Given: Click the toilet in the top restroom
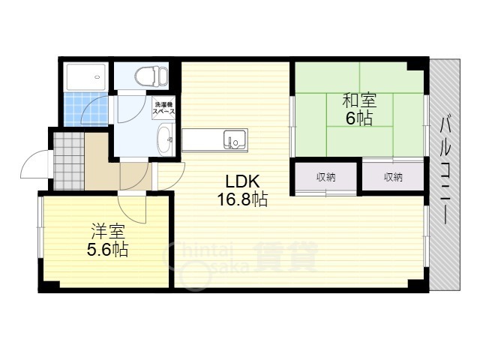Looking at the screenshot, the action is tap(151, 76).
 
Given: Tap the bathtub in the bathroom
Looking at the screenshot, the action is tap(86, 76).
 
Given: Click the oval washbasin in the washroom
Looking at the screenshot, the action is tap(166, 139).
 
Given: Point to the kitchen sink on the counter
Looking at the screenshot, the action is tap(235, 139).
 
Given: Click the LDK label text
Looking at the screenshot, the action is tap(242, 181).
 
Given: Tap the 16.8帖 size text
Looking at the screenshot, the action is tap(242, 199).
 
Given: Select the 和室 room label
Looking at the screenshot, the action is tap(359, 101).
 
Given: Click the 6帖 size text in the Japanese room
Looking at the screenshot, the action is tap(359, 118).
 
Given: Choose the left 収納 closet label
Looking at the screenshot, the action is tap(325, 177).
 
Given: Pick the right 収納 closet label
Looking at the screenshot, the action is tap(393, 177).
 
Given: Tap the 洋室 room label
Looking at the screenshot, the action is tap(108, 232).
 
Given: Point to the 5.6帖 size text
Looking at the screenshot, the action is tap(107, 250).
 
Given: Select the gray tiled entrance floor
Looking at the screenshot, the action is tap(68, 160).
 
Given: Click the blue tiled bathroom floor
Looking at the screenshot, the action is tap(86, 109).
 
